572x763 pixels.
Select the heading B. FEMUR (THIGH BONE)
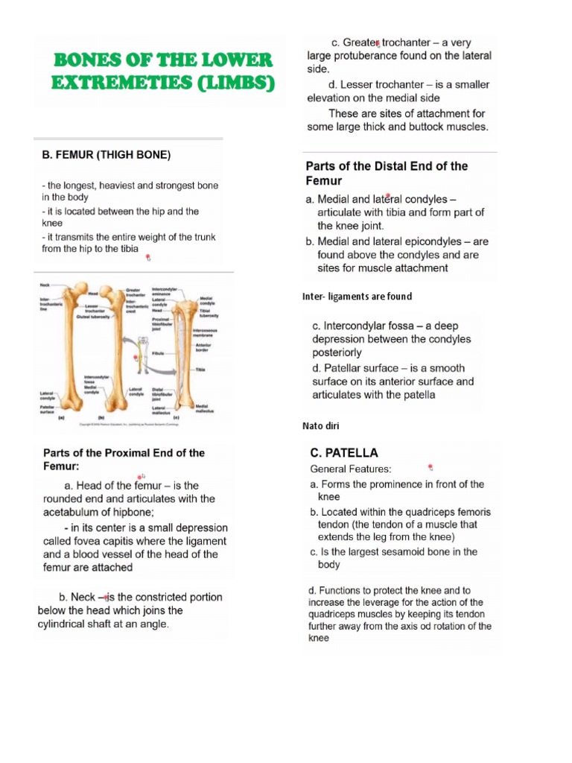[106, 155]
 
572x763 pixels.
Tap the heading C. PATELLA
[344, 452]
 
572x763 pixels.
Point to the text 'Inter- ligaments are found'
[357, 297]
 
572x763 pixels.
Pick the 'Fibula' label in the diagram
[157, 353]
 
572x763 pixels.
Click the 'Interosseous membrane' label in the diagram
[205, 333]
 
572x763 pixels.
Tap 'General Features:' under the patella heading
[350, 469]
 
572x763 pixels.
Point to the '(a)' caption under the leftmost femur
[62, 419]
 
